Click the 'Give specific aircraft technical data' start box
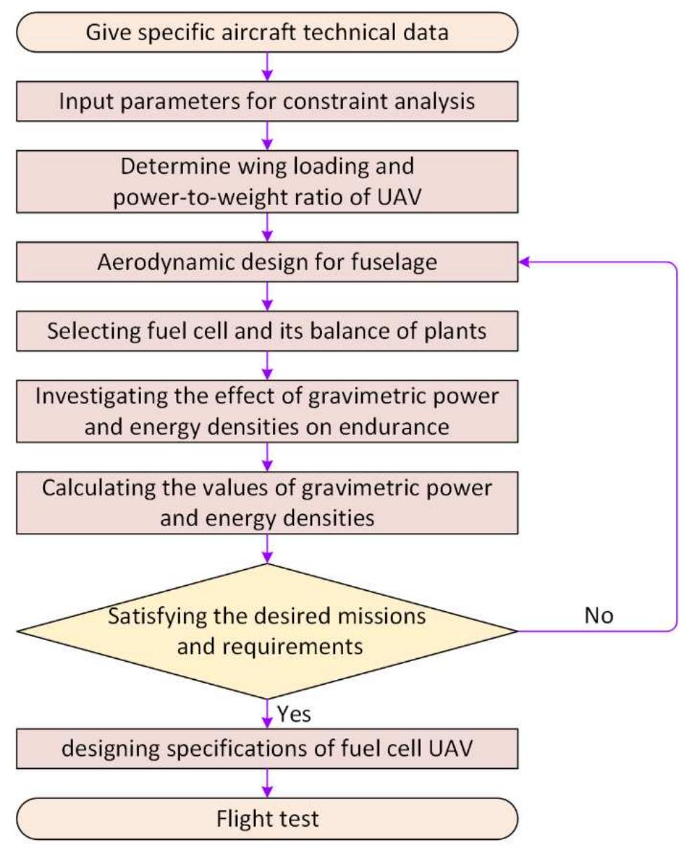click(267, 32)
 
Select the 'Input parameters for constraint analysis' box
click(267, 101)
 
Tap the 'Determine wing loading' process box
click(267, 181)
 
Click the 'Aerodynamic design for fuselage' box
click(267, 261)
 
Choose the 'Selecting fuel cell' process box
click(267, 330)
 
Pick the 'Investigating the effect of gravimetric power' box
click(267, 410)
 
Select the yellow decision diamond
click(267, 631)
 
